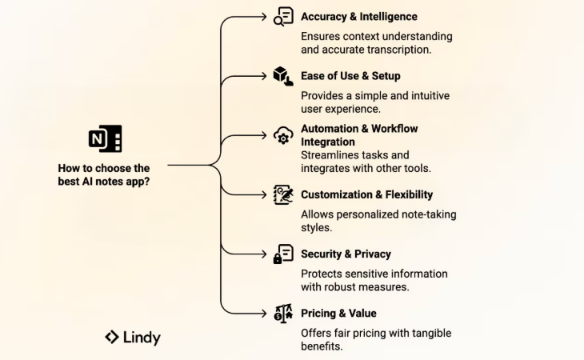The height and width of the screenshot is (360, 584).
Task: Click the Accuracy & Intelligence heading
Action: [358, 17]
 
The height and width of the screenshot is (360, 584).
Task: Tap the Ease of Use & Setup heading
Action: [350, 76]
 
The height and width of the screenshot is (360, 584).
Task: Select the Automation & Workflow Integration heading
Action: [359, 134]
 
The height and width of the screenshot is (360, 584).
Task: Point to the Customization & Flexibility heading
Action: [366, 194]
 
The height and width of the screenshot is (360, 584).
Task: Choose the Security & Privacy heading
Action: [346, 254]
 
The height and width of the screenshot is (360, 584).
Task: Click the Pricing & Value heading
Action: [338, 313]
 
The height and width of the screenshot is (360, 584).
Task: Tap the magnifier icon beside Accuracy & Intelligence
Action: [283, 18]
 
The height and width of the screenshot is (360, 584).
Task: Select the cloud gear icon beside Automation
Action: [283, 135]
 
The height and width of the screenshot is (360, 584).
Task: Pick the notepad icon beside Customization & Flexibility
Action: [283, 194]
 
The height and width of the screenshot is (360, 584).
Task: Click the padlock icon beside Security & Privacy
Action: [283, 254]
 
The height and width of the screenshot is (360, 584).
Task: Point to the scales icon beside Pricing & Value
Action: [283, 313]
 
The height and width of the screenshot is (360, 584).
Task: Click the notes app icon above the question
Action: [105, 138]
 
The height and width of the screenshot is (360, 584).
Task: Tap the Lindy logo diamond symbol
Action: [112, 337]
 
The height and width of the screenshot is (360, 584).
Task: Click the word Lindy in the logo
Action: [142, 338]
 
